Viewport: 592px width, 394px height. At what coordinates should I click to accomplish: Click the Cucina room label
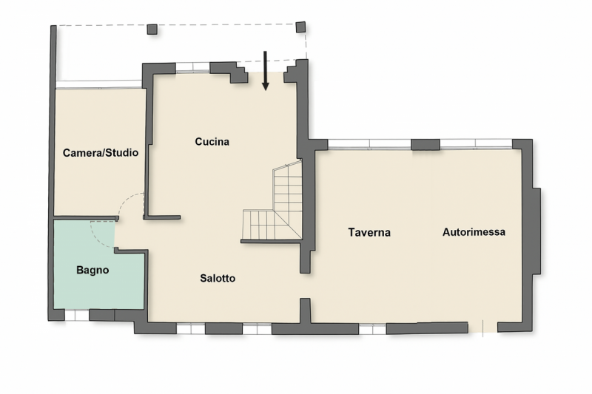click(x=212, y=142)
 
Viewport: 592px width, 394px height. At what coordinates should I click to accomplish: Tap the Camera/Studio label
click(x=101, y=153)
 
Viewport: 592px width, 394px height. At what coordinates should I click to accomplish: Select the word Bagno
click(x=92, y=270)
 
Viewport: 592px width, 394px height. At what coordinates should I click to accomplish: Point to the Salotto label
click(x=218, y=278)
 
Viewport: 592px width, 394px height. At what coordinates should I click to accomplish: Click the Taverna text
click(x=369, y=232)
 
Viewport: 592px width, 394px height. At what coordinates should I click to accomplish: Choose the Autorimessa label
click(x=474, y=232)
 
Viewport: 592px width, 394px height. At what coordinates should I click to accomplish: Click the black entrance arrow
click(x=265, y=71)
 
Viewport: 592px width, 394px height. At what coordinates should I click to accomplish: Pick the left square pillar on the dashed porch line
click(x=152, y=29)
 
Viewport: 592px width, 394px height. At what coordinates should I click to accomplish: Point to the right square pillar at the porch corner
click(x=300, y=27)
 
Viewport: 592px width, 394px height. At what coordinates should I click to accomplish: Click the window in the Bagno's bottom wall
click(x=77, y=315)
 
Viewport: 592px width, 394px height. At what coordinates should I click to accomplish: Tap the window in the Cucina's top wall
click(x=193, y=67)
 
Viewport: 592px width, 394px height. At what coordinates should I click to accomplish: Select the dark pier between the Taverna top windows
click(x=425, y=145)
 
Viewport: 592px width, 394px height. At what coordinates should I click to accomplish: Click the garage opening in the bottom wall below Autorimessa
click(x=483, y=327)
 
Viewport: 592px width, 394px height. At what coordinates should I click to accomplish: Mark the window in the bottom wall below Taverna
click(x=372, y=330)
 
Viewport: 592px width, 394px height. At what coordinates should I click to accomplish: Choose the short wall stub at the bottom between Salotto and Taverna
click(x=305, y=310)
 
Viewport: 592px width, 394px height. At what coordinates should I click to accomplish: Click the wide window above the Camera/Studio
click(x=99, y=84)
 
